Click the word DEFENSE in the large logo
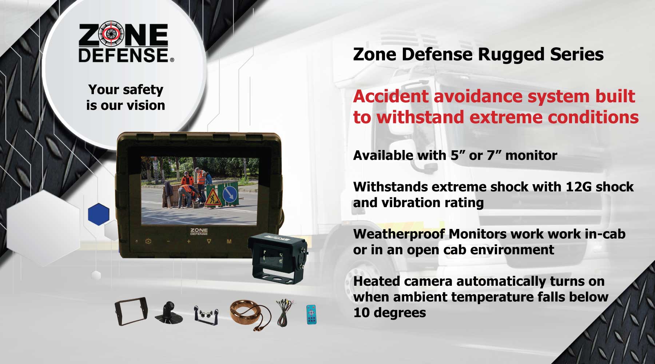[124, 55]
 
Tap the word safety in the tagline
[143, 90]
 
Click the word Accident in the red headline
[391, 96]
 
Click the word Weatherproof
[399, 234]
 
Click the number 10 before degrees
[361, 313]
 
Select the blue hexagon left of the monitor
[99, 214]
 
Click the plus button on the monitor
[188, 241]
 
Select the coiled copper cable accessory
[250, 314]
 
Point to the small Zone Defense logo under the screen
[199, 232]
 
